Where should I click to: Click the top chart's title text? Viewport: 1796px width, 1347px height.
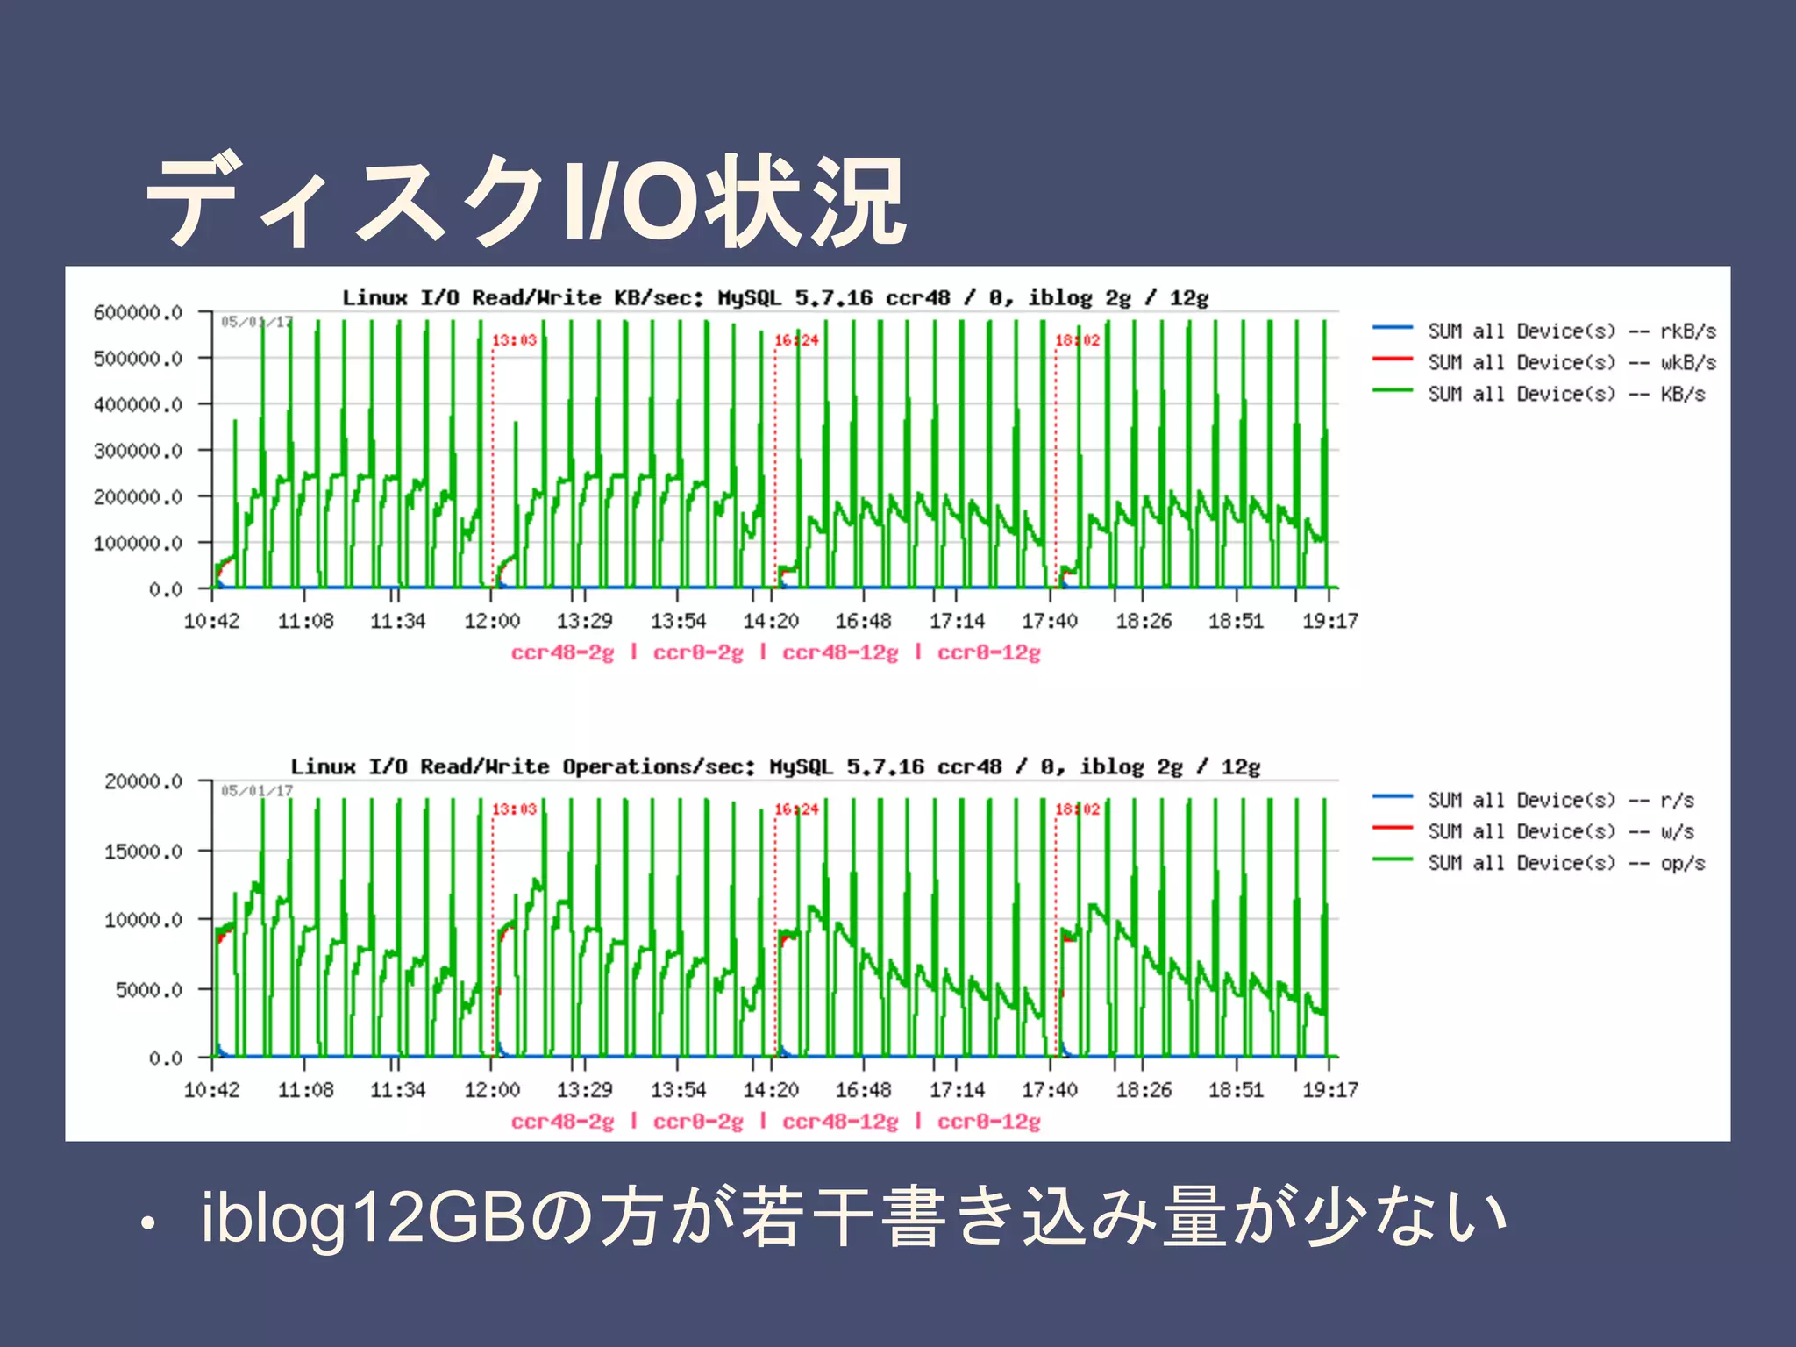775,298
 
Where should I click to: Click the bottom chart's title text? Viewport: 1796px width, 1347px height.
775,767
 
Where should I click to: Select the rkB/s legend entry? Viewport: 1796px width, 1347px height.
1570,331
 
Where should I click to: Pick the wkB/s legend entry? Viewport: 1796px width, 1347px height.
1570,362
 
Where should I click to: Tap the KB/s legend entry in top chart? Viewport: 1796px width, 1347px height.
1565,394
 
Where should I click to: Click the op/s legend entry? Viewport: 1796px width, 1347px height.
1565,863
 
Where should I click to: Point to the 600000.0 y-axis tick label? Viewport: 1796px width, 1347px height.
138,312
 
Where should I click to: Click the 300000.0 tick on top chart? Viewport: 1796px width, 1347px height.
138,451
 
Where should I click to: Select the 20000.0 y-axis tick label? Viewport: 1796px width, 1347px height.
143,781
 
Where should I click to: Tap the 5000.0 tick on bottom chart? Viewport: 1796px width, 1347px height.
148,990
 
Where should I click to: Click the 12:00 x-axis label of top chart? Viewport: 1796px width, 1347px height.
491,621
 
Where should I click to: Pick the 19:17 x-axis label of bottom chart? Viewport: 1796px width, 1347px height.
1329,1090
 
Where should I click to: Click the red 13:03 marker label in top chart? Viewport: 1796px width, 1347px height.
514,340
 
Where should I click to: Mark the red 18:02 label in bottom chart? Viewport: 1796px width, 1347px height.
1077,809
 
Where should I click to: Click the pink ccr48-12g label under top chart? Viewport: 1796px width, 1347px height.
839,652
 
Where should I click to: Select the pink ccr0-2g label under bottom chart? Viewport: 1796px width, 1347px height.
697,1122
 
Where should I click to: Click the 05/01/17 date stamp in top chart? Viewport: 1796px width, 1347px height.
256,322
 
